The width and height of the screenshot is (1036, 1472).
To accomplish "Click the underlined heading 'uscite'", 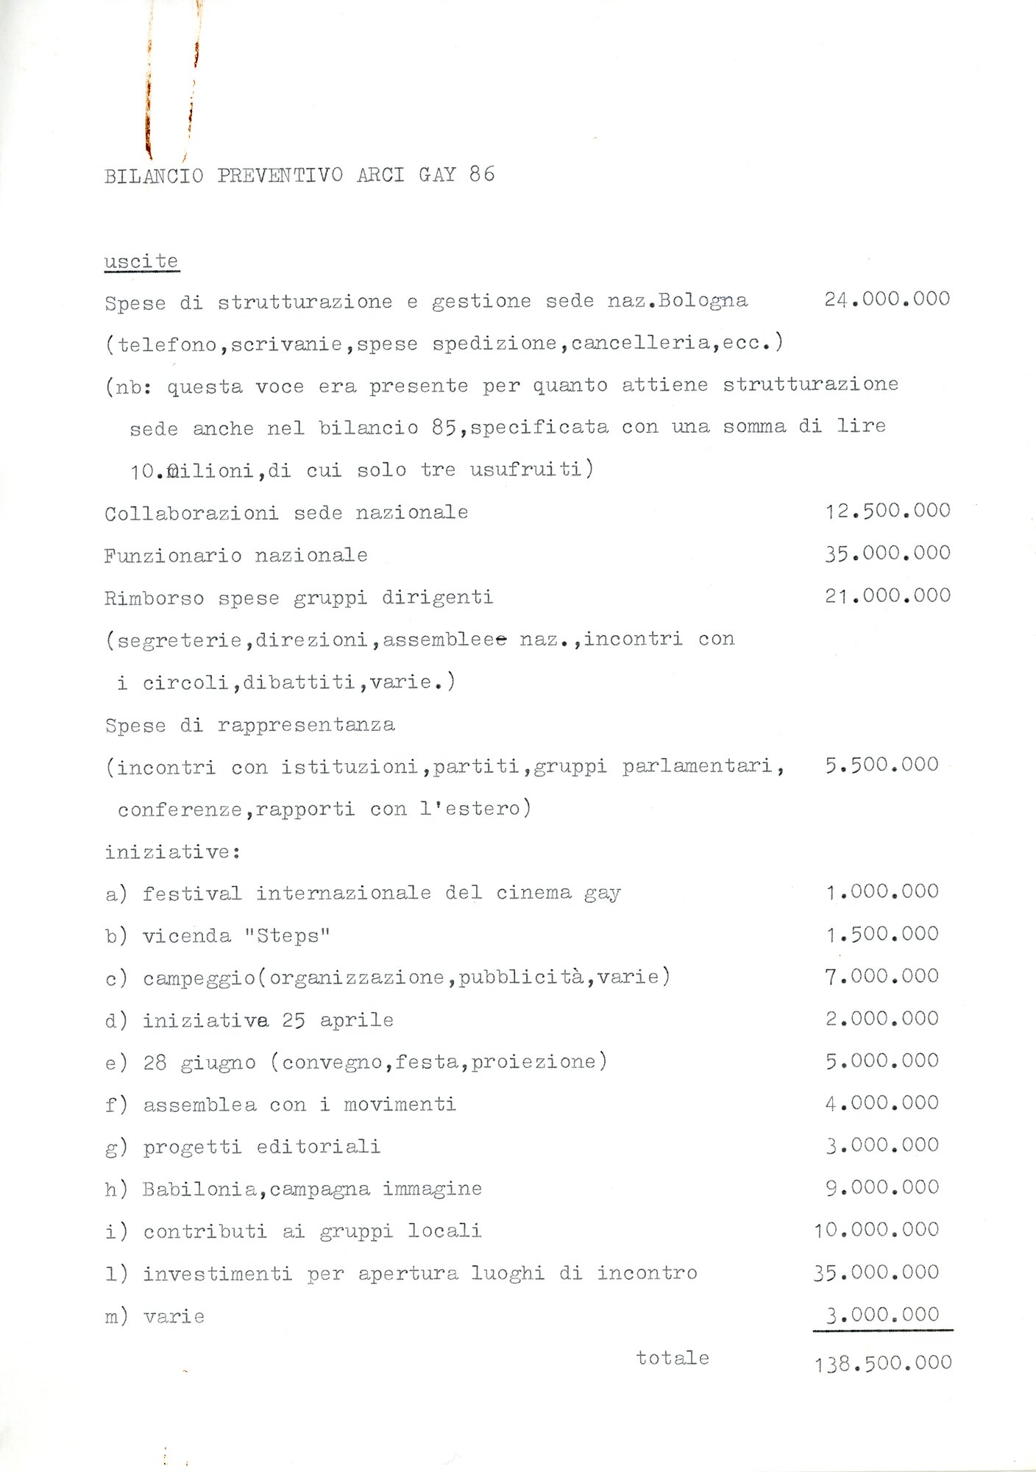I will [141, 261].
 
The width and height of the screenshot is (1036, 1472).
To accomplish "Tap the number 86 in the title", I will [482, 174].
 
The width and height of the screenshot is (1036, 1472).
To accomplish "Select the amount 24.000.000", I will [887, 299].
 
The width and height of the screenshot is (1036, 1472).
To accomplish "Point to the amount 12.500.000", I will [887, 510].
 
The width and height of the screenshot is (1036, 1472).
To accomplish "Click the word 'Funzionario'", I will [173, 555].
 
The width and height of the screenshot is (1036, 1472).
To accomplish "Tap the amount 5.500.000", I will [881, 765].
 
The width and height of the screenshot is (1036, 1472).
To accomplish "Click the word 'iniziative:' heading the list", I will [173, 852].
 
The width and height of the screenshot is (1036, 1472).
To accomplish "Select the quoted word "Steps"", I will [287, 935].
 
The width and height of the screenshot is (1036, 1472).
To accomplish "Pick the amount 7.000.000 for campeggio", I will [881, 976].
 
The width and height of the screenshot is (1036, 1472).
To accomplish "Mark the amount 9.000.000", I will [881, 1186].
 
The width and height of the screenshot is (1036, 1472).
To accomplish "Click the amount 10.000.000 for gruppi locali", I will [876, 1229].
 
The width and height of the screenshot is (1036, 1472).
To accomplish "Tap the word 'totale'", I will [673, 1357].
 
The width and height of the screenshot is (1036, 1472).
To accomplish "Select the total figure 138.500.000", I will [883, 1363].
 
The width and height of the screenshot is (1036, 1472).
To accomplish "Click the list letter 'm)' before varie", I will [116, 1316].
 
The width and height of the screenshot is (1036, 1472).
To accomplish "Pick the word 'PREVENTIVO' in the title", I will [280, 175].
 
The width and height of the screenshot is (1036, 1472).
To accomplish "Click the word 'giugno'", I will [218, 1063].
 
